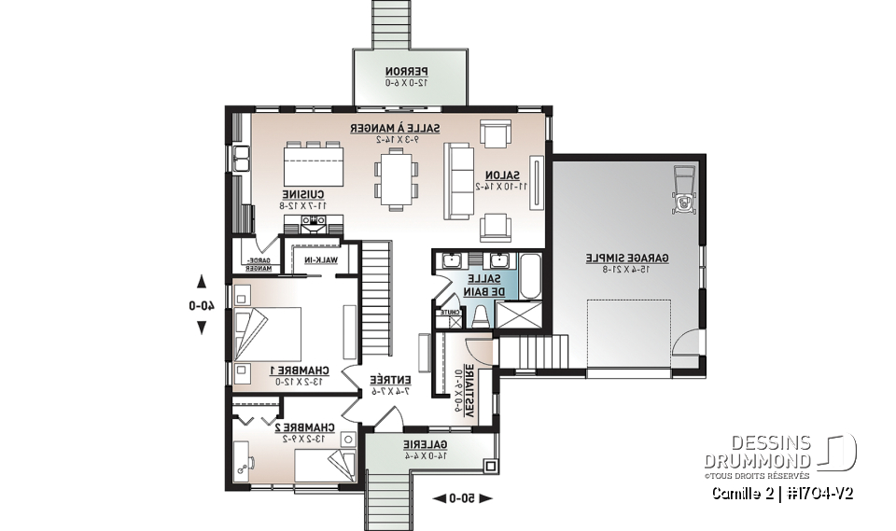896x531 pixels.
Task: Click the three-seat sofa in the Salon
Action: (457, 177)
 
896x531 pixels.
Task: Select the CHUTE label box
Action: (448, 314)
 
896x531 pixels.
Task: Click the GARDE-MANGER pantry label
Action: (257, 264)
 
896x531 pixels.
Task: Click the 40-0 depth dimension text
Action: (201, 303)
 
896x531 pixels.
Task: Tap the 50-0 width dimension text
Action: (461, 499)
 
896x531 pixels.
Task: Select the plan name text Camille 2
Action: (743, 493)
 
